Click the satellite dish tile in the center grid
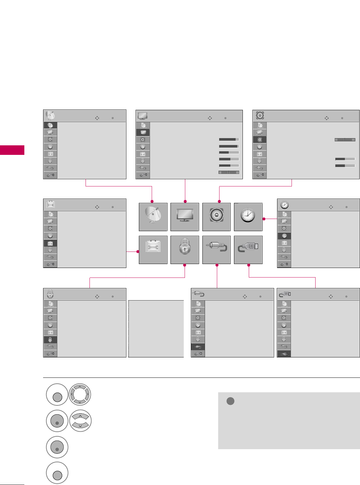coord(153,217)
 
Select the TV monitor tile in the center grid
coord(185,217)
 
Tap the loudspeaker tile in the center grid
coord(216,217)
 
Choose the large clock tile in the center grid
coord(248,217)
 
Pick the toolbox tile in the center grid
coord(153,250)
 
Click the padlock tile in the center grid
coord(185,250)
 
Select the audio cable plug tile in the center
coord(216,250)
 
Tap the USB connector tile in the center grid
coord(248,250)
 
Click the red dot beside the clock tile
coord(264,219)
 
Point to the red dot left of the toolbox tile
coord(138,252)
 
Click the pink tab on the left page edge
coord(12,150)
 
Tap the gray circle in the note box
coord(230,401)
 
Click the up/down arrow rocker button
coord(80,421)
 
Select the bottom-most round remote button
coord(57,473)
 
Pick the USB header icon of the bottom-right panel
coord(285,294)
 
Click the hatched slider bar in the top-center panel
coord(229,172)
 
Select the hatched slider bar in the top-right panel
coord(345,140)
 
